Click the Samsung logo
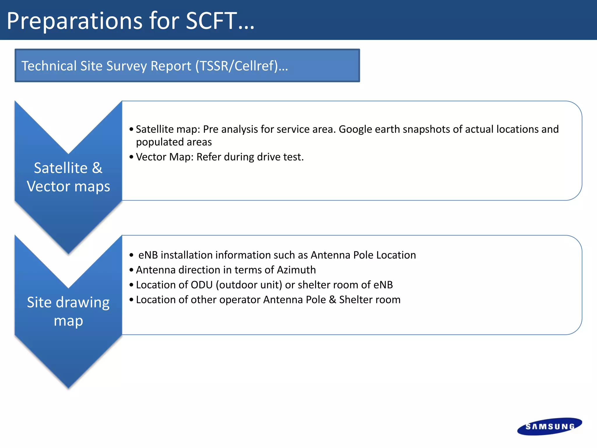549,426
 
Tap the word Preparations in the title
75,21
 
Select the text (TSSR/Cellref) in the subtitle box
236,66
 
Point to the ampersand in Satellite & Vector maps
97,168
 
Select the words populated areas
174,142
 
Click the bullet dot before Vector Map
131,157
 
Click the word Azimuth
296,270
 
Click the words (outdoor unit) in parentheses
249,285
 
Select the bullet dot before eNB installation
131,255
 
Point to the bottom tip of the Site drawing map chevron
69,387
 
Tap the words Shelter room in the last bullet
370,300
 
